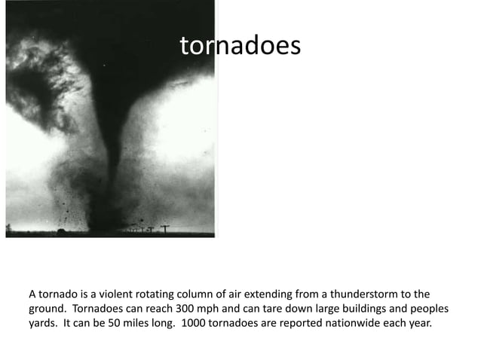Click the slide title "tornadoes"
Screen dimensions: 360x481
coord(240,46)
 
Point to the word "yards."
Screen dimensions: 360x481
coord(44,325)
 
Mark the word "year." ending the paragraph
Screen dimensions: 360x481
coord(418,325)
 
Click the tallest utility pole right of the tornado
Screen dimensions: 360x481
coord(164,227)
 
